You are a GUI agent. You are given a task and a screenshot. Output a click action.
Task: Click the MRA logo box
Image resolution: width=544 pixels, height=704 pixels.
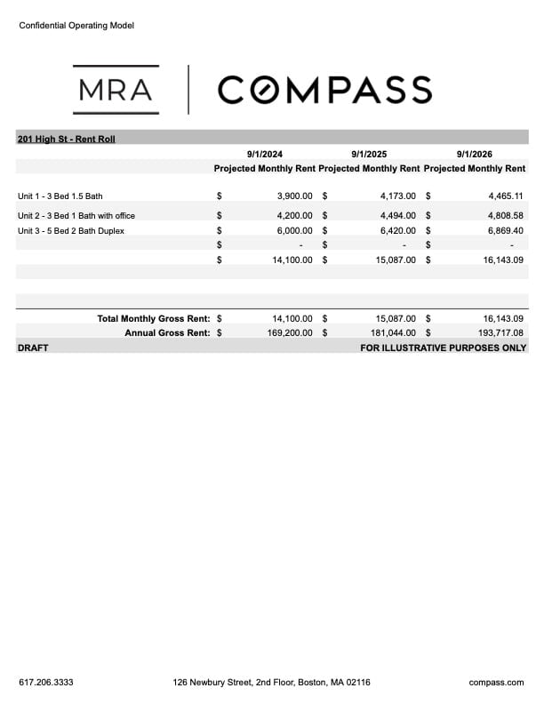click(x=116, y=90)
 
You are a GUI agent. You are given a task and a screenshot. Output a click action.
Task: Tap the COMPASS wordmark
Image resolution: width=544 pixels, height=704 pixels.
click(x=324, y=90)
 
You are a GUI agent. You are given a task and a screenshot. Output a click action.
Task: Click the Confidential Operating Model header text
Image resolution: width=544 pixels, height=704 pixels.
click(x=76, y=26)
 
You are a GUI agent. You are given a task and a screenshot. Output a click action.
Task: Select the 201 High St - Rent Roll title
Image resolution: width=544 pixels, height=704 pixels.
click(x=67, y=139)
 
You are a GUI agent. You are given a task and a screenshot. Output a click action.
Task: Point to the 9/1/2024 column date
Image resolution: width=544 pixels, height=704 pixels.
click(x=265, y=154)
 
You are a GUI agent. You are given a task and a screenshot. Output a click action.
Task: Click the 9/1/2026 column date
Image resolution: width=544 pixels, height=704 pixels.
click(x=475, y=154)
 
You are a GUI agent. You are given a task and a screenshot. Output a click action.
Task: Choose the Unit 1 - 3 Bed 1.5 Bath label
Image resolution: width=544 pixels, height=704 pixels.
click(x=60, y=196)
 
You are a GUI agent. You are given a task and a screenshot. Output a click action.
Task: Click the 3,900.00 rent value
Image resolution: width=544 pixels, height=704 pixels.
click(x=292, y=196)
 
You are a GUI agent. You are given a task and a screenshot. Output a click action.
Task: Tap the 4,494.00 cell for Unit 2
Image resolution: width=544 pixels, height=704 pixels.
click(x=397, y=215)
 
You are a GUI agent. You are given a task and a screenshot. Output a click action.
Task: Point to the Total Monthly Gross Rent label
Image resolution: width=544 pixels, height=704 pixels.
click(x=153, y=317)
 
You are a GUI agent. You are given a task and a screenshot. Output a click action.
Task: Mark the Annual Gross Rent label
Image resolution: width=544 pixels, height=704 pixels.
click(x=167, y=332)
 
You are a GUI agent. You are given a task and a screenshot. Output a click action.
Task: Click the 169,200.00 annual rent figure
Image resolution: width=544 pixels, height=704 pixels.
click(x=288, y=332)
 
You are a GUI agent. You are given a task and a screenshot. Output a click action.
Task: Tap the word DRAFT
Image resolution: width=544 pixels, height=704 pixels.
click(x=33, y=348)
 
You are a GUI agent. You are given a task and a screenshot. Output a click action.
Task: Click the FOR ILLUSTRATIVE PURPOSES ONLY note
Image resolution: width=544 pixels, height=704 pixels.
click(x=444, y=348)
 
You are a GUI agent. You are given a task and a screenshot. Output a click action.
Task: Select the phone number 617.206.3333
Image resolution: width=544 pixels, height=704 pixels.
click(x=46, y=683)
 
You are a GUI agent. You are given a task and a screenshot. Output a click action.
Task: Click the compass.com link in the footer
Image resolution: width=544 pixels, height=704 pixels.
click(x=496, y=683)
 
